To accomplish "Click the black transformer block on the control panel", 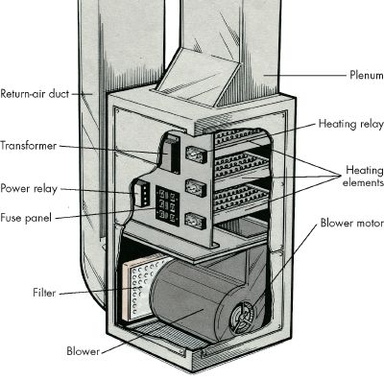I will pos(170,154).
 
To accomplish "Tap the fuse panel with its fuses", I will pos(165,205).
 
